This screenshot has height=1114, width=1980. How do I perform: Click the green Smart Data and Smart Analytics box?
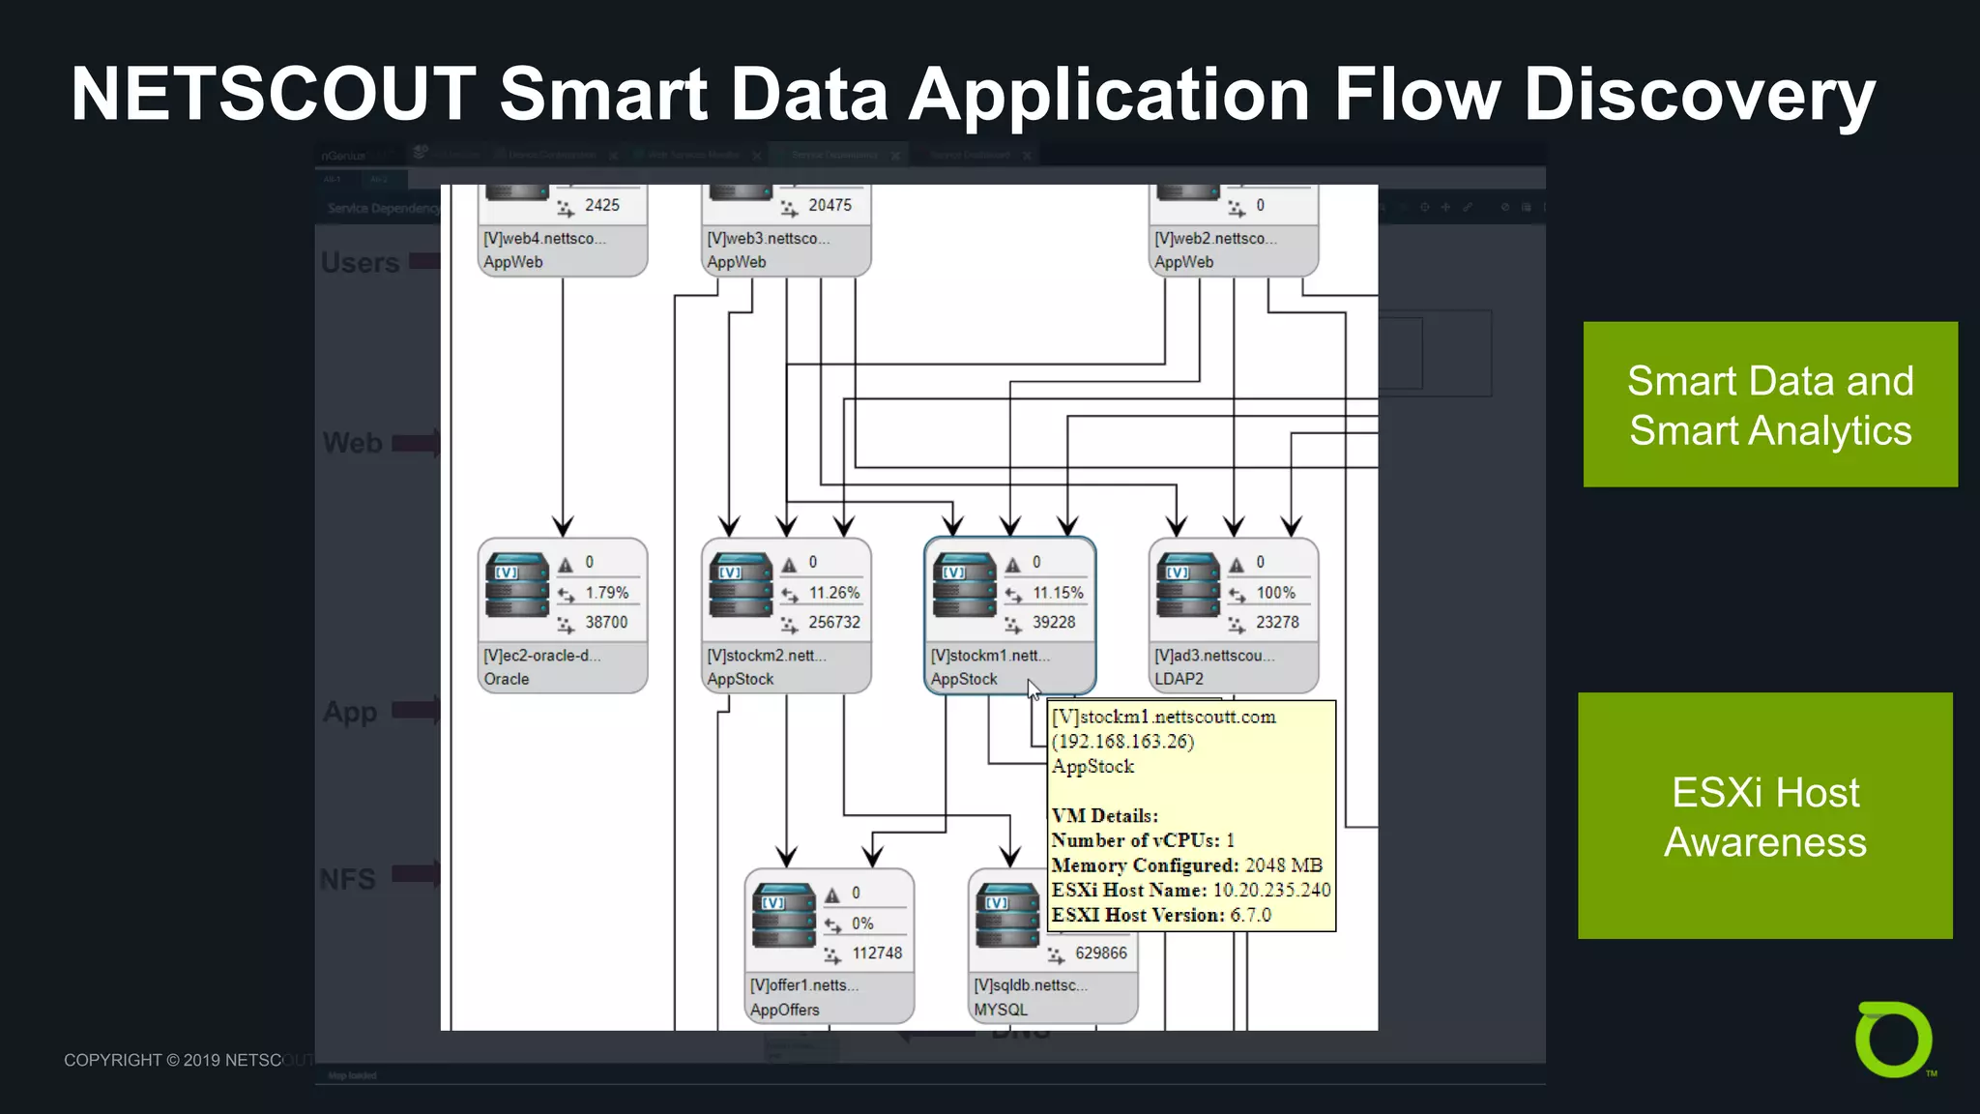click(x=1769, y=404)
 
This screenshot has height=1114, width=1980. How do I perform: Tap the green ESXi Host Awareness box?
click(x=1764, y=815)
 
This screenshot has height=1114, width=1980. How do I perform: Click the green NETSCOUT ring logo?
click(x=1893, y=1040)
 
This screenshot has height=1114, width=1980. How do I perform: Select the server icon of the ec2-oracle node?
click(x=517, y=585)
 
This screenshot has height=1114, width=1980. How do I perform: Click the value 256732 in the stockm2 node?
click(x=833, y=622)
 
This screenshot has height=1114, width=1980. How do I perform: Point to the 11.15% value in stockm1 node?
click(x=1058, y=593)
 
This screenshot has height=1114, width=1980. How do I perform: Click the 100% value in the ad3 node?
click(x=1275, y=593)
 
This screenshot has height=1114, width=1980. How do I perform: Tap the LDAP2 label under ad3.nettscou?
click(x=1179, y=679)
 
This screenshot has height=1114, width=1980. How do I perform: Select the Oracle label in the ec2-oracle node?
click(x=507, y=679)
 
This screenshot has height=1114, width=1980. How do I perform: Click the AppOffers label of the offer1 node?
click(x=784, y=1010)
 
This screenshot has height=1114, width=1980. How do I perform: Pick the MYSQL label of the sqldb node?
click(x=1001, y=1010)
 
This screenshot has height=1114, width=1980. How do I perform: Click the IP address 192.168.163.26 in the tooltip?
click(x=1122, y=742)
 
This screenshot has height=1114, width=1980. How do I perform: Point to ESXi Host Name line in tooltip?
click(x=1190, y=890)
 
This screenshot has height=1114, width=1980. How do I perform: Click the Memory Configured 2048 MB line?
click(x=1186, y=865)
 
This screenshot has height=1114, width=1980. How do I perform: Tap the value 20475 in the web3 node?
click(x=830, y=205)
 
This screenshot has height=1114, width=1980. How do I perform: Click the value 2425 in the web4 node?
click(x=601, y=205)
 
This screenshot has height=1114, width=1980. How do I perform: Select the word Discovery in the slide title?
click(x=1699, y=95)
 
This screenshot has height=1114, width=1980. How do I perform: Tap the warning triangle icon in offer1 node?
click(x=831, y=894)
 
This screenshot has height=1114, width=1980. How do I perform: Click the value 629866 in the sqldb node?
click(x=1100, y=953)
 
